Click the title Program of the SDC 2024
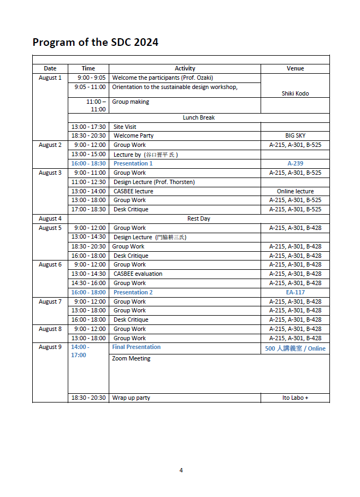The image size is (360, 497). [95, 42]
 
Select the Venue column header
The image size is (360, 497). [295, 68]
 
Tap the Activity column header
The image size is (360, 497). [185, 68]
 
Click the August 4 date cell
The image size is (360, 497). [50, 218]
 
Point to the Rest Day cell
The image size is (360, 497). [198, 218]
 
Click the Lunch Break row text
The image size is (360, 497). [199, 117]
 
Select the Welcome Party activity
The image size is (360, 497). [133, 135]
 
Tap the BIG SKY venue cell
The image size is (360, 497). [295, 135]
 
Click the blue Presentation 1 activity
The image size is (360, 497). [133, 163]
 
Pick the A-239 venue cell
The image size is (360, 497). [295, 163]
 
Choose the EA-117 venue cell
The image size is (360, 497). [295, 292]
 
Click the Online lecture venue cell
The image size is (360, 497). [295, 191]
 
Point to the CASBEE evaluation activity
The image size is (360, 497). [138, 274]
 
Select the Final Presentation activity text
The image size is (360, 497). [137, 347]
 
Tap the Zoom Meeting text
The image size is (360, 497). [131, 358]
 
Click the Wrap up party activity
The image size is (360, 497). [131, 398]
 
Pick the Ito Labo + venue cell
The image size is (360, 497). [295, 398]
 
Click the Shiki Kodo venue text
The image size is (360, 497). [295, 93]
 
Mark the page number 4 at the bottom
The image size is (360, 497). [181, 470]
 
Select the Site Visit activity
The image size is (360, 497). [125, 127]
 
